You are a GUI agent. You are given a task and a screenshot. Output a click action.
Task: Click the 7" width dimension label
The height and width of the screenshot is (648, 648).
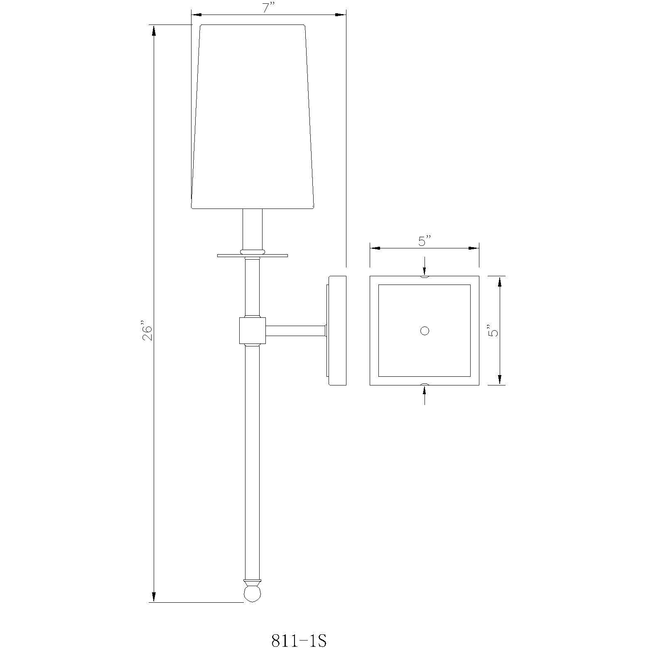(x=269, y=8)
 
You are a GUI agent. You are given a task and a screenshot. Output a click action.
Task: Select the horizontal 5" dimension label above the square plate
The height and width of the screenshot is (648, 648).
(x=425, y=241)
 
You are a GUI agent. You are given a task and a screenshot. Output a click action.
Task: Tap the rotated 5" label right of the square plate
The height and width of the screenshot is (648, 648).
(x=493, y=330)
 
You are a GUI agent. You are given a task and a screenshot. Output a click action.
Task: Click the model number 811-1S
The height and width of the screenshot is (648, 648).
(x=299, y=640)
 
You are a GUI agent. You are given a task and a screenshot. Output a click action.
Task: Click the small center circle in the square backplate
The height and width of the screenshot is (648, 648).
(x=424, y=331)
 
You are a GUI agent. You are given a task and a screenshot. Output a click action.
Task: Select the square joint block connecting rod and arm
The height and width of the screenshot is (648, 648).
(x=253, y=330)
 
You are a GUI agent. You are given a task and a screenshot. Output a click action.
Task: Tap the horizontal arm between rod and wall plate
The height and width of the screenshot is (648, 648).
(x=295, y=331)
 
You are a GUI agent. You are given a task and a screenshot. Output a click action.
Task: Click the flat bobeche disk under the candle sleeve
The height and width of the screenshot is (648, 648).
(x=253, y=255)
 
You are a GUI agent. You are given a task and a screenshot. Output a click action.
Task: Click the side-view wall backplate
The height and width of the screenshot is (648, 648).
(x=337, y=330)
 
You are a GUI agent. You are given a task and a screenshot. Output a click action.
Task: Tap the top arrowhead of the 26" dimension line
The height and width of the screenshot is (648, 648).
(x=154, y=31)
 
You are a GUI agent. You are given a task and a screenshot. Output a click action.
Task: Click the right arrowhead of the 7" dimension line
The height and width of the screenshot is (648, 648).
(x=340, y=15)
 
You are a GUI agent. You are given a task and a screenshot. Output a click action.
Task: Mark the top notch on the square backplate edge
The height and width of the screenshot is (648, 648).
(x=424, y=277)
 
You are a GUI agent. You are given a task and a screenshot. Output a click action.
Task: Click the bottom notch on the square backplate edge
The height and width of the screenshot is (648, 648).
(x=424, y=384)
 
